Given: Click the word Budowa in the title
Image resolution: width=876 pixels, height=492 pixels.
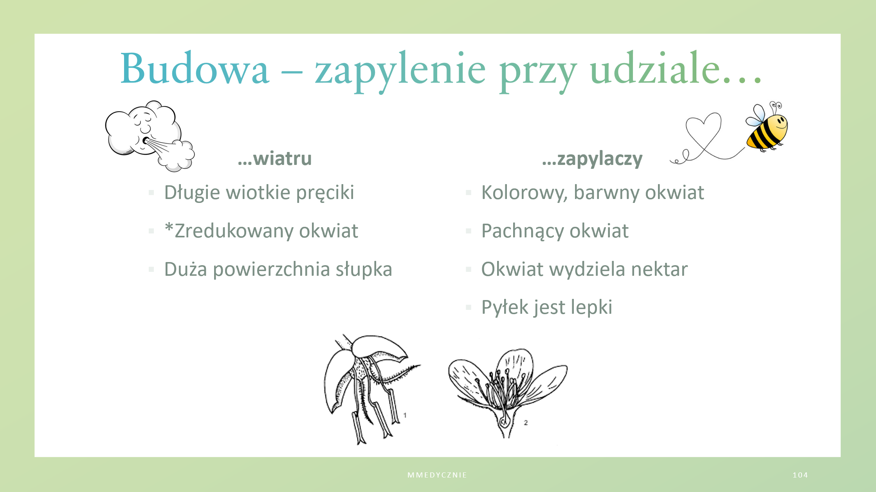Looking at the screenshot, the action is click(195, 69).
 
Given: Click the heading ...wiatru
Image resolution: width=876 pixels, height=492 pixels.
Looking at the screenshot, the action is click(275, 159).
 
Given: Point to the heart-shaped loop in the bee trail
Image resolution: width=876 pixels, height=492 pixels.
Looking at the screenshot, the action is click(703, 135).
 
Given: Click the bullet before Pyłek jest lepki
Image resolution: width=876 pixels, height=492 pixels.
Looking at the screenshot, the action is click(469, 307).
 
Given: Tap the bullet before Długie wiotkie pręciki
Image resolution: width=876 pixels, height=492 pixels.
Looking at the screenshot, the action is click(151, 193).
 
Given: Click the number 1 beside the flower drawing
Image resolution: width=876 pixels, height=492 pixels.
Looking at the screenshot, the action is click(405, 415).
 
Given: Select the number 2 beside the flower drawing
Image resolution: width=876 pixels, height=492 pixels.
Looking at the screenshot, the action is click(526, 423).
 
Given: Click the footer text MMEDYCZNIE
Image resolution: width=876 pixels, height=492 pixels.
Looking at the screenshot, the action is click(437, 475).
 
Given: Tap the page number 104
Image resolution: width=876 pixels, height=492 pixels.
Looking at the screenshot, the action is click(800, 475).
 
